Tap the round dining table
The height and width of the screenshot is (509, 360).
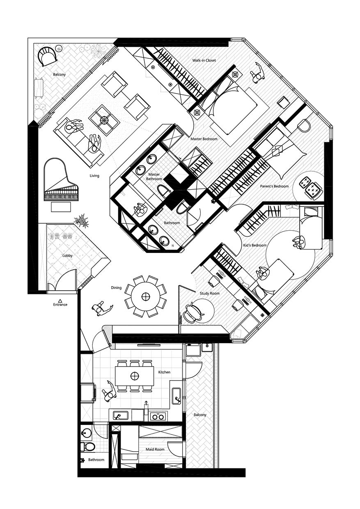pos(145,296)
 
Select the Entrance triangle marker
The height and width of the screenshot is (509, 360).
pos(60,300)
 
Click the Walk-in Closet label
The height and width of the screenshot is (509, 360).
pos(204,60)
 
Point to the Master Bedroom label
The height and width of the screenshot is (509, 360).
pos(204,139)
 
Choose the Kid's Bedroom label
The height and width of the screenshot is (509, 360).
pos(255,245)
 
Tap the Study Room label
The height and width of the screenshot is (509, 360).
pos(209,293)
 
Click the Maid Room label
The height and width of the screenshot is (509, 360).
pos(155,449)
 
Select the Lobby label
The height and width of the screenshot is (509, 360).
pos(67,255)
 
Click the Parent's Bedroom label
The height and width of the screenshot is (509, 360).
pos(274,186)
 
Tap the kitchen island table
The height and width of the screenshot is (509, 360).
pos(134,376)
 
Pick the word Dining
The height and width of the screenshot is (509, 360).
pos(116,288)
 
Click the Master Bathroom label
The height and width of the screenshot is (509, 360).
pos(154,177)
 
